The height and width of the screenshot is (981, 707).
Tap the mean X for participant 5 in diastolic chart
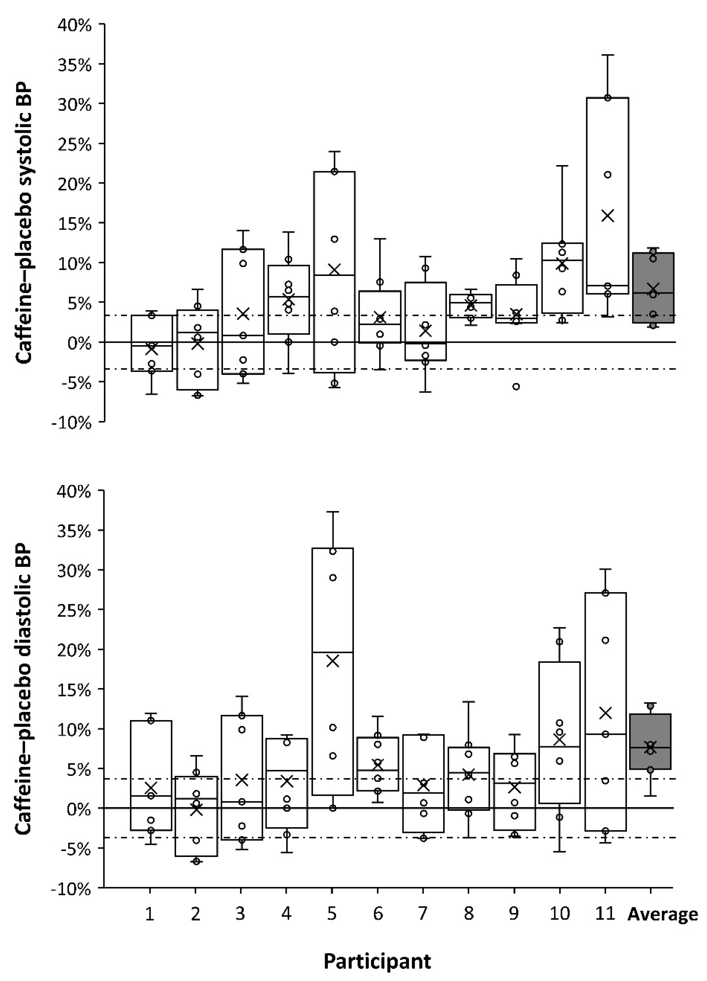pyautogui.click(x=332, y=661)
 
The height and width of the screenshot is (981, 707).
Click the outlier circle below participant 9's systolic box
pyautogui.click(x=516, y=386)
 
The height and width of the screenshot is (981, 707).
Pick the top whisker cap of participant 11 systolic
pyautogui.click(x=608, y=55)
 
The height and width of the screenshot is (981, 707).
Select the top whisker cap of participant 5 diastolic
pyautogui.click(x=332, y=512)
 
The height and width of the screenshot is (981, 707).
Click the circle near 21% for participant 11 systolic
pyautogui.click(x=607, y=175)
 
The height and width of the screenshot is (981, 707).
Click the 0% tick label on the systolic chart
pyautogui.click(x=80, y=344)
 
